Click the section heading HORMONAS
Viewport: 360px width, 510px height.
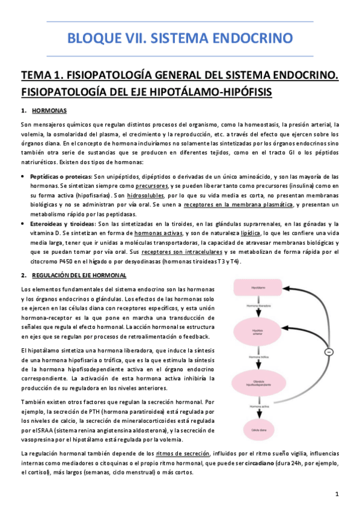(49, 111)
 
